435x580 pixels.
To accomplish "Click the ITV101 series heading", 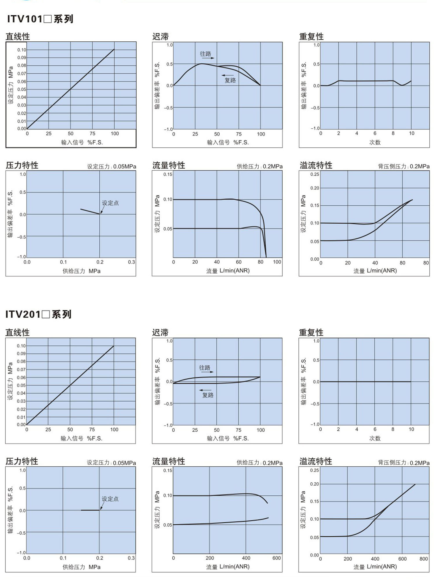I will (x=40, y=19).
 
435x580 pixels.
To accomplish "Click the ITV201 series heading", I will (x=38, y=314).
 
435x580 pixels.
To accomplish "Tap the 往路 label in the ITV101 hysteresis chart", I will (x=205, y=54).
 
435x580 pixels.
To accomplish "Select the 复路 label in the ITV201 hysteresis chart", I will (x=208, y=395).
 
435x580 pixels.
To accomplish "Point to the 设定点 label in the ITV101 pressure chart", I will (x=110, y=203).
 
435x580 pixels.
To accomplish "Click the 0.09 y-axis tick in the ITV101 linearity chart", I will (x=22, y=58).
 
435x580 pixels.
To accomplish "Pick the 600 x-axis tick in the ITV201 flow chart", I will (x=276, y=558).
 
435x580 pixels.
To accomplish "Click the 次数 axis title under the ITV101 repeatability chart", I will (x=375, y=142).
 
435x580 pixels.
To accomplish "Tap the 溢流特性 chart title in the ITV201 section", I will (x=316, y=461).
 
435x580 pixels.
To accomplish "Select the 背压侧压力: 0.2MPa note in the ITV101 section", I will (x=403, y=166).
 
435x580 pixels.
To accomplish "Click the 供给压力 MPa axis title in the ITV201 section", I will (x=81, y=567).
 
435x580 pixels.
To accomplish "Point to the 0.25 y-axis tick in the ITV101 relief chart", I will (x=315, y=174).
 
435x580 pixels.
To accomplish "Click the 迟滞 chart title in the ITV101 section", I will (x=160, y=37).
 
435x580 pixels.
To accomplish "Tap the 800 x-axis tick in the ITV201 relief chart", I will (x=423, y=559).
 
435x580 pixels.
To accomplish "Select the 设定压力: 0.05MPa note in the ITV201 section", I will (x=111, y=463).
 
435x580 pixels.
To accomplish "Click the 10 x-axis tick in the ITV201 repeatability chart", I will (x=411, y=429).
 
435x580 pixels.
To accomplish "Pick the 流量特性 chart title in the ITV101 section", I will (x=168, y=165).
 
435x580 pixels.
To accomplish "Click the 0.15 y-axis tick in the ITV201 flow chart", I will (x=168, y=470).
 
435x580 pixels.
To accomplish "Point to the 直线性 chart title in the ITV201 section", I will (x=17, y=333).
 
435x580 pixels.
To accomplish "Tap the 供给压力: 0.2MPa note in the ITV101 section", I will (x=260, y=166).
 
